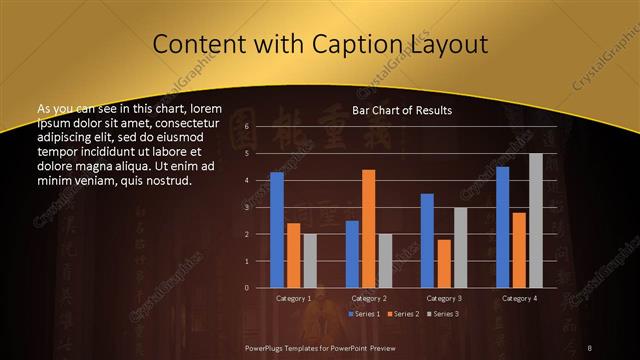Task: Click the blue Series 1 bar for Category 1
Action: tap(277, 230)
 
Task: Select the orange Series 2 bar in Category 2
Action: tap(368, 228)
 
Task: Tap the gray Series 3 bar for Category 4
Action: tap(535, 220)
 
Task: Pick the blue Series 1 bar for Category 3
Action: tap(427, 240)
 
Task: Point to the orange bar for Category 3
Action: tap(443, 263)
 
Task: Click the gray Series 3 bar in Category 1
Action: tap(310, 260)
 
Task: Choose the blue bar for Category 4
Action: tap(502, 227)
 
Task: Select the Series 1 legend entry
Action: tap(363, 314)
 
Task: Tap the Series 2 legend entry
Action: tap(403, 314)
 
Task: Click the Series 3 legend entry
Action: tap(444, 314)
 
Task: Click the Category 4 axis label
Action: tap(518, 298)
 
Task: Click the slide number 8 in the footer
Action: tap(590, 346)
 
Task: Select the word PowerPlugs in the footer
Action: tap(265, 346)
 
